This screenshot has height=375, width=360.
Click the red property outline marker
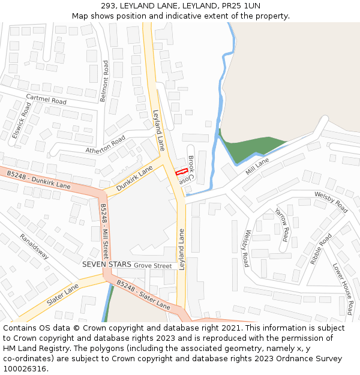point(181,172)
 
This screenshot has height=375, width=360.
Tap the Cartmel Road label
point(46,100)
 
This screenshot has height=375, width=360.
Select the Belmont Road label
point(105,80)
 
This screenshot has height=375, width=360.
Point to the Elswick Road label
point(21,120)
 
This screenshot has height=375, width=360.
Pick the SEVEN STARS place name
point(107,265)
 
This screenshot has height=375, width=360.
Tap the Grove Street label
point(153,265)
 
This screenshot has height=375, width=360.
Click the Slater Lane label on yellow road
point(62,295)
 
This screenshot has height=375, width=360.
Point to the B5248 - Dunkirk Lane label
point(38,179)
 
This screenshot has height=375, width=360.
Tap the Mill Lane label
point(257,166)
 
